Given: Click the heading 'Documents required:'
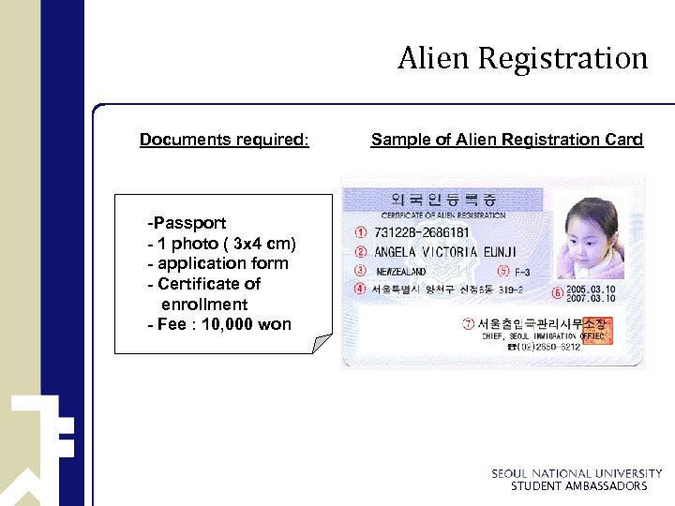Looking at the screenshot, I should point(223,140).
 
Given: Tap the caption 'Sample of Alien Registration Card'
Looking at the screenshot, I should point(506,140).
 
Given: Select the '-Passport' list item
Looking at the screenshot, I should point(187,223).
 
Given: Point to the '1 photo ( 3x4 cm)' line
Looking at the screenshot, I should point(226,244).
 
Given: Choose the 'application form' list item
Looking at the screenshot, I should point(222,263).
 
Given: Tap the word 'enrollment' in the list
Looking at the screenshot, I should point(204,305).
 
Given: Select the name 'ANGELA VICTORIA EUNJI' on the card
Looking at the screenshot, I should point(445,252).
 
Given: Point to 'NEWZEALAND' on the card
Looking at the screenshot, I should point(401,271).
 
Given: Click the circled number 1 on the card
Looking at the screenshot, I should point(362,232).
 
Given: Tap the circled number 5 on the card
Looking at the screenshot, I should point(504,271).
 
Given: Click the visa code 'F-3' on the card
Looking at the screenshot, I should point(534,272).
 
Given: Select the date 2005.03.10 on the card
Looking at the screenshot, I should point(590,289).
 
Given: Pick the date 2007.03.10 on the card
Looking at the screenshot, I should point(590,299).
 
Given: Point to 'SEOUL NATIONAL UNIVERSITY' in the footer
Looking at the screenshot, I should point(577,474).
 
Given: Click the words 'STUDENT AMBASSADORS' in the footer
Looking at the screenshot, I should point(578,486).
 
